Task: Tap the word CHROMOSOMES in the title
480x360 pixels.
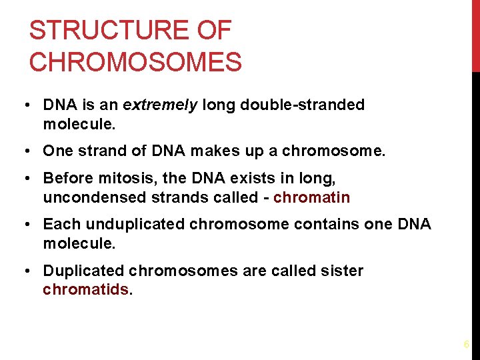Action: (135, 62)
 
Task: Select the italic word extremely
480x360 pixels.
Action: (160, 105)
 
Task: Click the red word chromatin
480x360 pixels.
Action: (311, 197)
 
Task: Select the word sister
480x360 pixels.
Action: (341, 271)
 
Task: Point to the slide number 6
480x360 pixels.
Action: (466, 345)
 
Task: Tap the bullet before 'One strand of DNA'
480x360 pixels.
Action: (23, 151)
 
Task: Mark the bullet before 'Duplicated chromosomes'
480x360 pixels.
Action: (23, 271)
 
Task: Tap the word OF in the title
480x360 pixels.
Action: (215, 31)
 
